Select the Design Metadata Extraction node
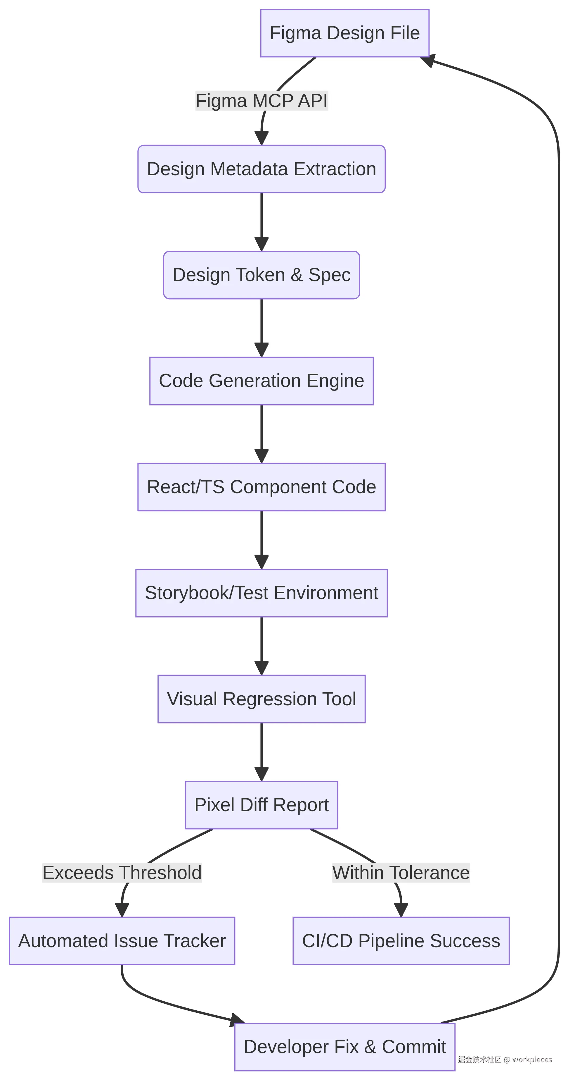262,169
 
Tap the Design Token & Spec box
262,275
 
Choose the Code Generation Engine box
262,381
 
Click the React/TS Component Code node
262,487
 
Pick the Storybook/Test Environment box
262,593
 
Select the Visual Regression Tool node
262,699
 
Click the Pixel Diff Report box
262,805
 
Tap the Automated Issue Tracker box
122,941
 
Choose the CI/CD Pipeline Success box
401,941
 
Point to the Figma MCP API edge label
262,101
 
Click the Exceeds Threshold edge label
122,873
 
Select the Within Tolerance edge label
401,873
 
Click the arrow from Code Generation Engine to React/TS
262,434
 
